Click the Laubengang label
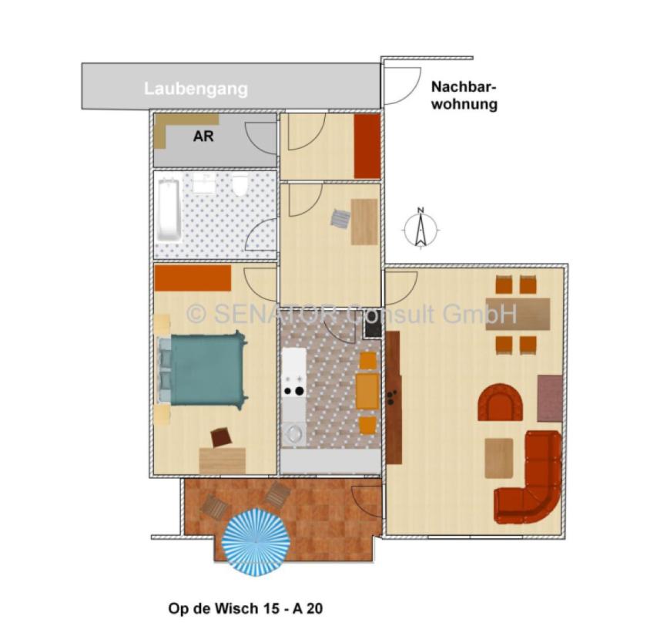[x=196, y=89]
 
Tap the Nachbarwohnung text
[x=464, y=96]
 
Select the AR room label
[x=203, y=136]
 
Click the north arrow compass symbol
[x=420, y=228]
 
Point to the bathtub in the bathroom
[x=168, y=209]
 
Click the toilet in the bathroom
[x=240, y=185]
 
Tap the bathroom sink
[x=204, y=184]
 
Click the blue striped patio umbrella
[x=256, y=542]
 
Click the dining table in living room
[x=518, y=314]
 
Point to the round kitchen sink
[x=293, y=434]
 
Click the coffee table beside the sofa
[x=498, y=457]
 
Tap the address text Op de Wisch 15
[x=245, y=608]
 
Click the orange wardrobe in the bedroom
[x=193, y=278]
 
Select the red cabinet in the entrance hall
[x=367, y=147]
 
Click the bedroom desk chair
[x=221, y=437]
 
